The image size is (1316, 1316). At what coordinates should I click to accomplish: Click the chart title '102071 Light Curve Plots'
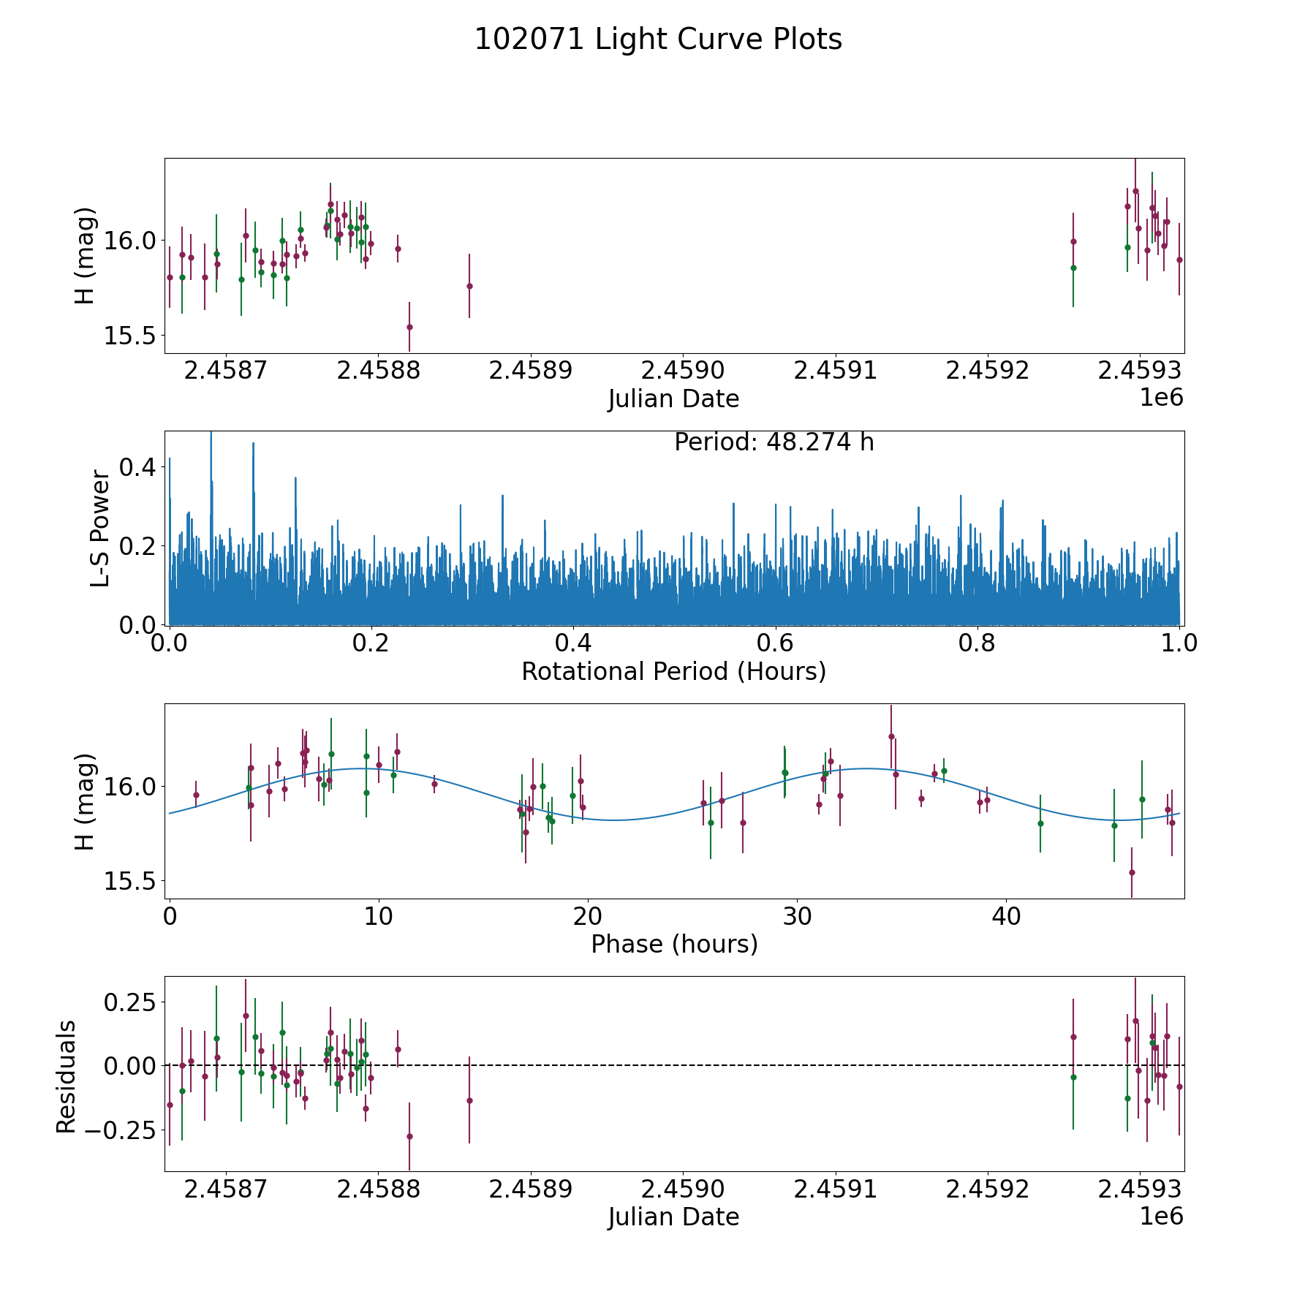click(658, 39)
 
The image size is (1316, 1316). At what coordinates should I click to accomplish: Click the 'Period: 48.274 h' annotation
click(774, 442)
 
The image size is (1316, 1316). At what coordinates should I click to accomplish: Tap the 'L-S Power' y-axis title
click(101, 528)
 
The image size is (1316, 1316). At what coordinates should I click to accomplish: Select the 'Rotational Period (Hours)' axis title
click(673, 671)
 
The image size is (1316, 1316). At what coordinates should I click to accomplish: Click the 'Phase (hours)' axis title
click(673, 944)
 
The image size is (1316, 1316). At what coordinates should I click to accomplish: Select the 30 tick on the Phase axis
click(796, 917)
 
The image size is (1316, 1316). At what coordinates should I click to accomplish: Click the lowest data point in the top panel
click(409, 327)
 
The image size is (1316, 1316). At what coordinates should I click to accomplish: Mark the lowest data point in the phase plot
click(1131, 872)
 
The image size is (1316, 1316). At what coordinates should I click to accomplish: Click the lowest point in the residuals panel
click(409, 1136)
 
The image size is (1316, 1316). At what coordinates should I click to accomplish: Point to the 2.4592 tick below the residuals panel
click(988, 1190)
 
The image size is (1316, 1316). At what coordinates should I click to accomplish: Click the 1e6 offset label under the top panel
click(1161, 398)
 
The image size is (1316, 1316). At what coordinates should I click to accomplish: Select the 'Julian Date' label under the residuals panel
click(673, 1217)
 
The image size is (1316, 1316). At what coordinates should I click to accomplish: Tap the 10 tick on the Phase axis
click(378, 917)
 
